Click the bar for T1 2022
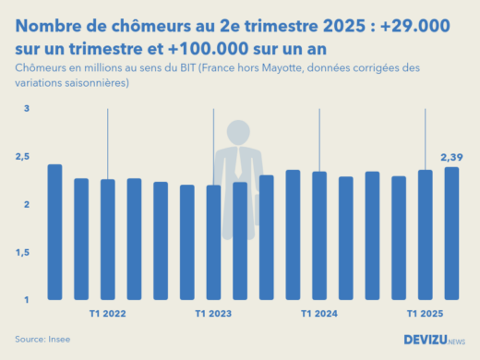[x=108, y=239]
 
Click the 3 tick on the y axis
[x=27, y=109]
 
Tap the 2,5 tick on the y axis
[x=23, y=157]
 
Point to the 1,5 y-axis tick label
[x=23, y=252]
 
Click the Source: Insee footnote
[x=42, y=340]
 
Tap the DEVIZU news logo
[x=435, y=340]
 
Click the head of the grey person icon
[x=239, y=133]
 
